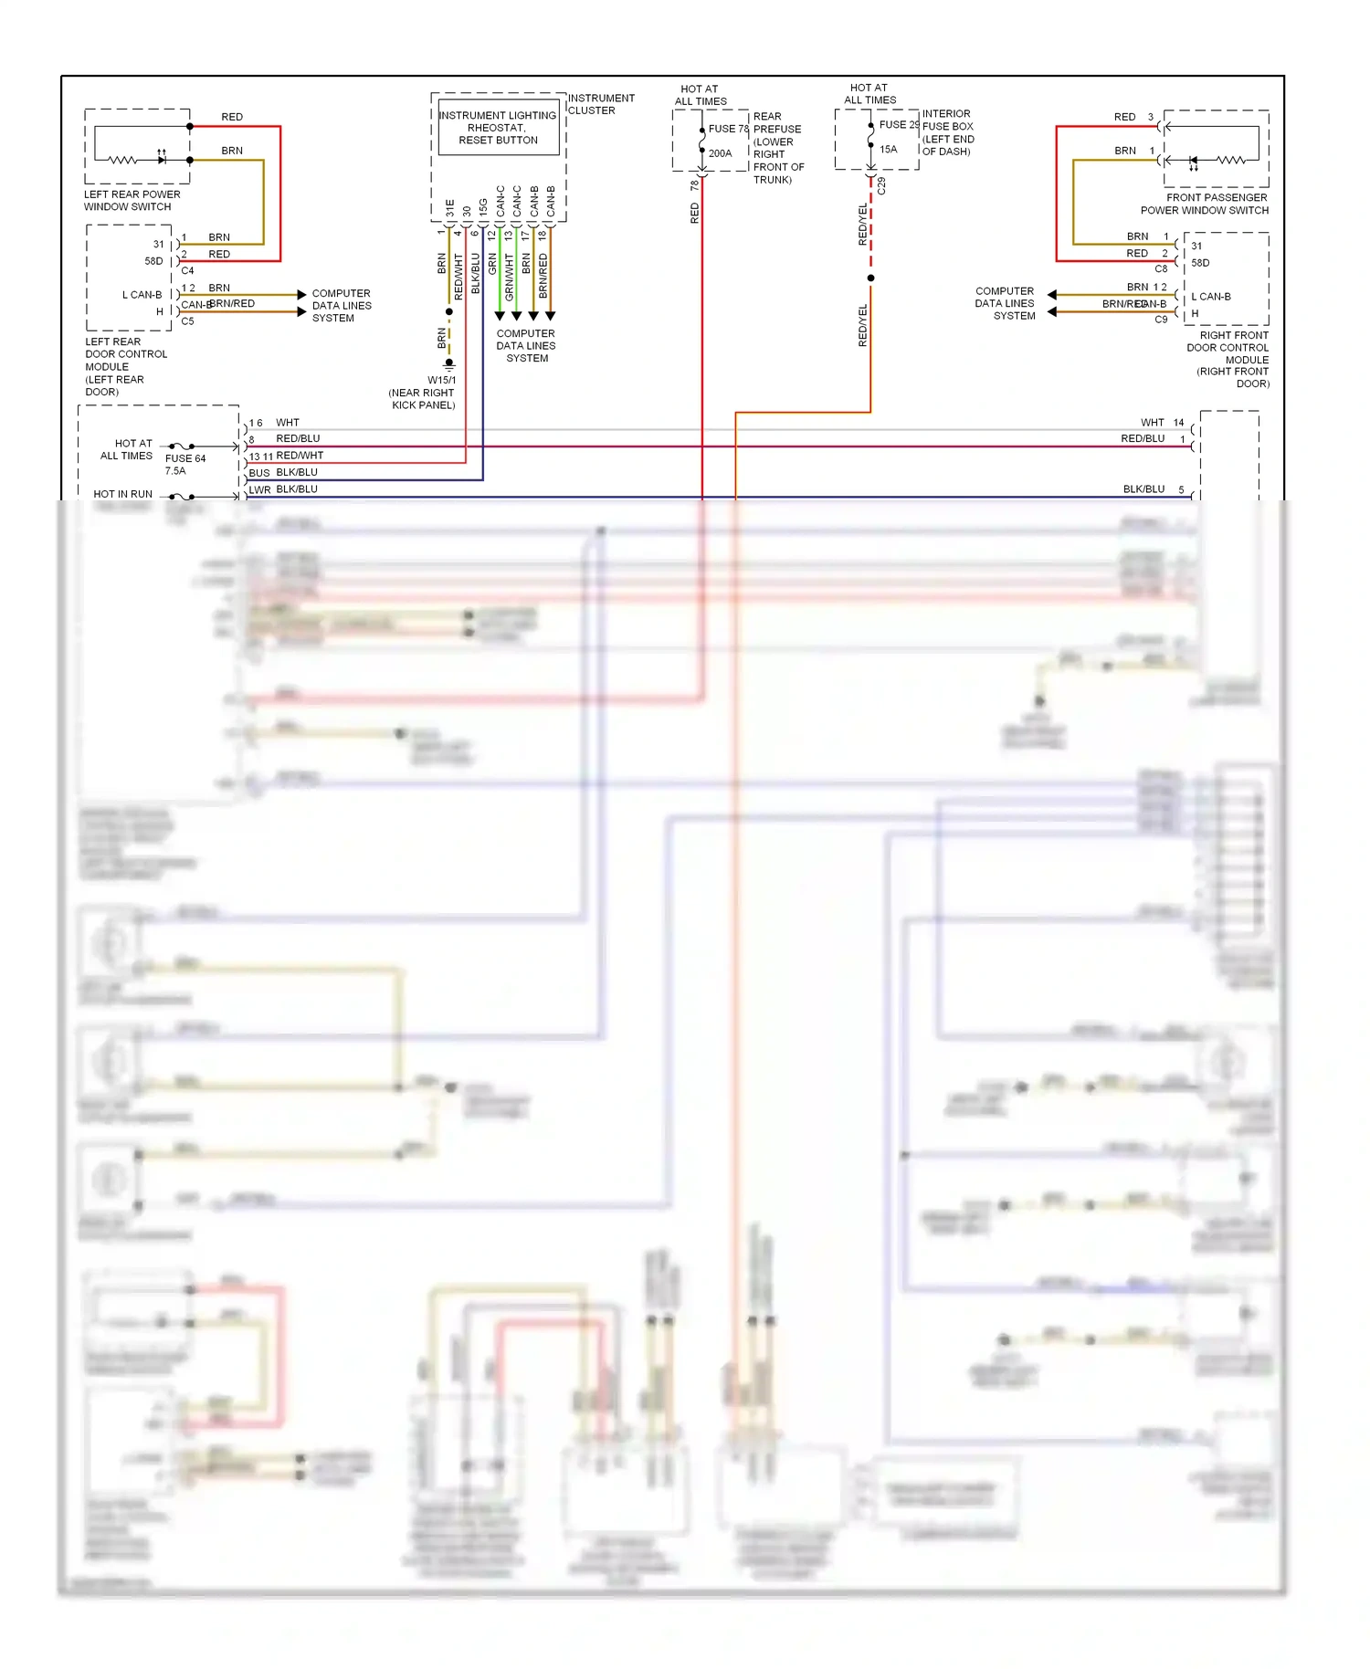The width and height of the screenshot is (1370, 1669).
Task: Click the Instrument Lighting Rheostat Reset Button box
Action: point(498,128)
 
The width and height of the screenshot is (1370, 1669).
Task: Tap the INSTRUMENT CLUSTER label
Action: point(600,104)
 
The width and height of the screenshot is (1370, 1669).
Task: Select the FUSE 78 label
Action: point(728,129)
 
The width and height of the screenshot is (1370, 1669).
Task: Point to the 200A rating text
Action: point(720,153)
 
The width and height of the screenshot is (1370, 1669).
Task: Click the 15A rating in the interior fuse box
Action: point(888,149)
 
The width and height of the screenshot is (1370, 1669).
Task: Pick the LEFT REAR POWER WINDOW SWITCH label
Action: point(132,201)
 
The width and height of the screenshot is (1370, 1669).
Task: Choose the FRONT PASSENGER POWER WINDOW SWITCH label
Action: point(1205,204)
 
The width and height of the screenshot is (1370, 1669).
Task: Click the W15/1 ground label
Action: point(441,380)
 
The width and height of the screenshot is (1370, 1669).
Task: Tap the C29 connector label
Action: point(881,185)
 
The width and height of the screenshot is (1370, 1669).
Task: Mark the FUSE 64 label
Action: point(185,458)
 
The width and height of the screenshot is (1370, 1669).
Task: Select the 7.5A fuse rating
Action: point(174,471)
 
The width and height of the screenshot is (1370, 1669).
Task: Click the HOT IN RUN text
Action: point(122,494)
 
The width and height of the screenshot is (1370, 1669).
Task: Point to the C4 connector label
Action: point(187,270)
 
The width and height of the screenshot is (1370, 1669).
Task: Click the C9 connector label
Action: point(1161,320)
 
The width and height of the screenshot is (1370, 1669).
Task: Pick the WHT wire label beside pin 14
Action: point(1152,423)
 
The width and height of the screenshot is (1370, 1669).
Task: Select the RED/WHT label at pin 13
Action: point(300,456)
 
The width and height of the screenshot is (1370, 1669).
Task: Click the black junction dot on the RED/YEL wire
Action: point(870,278)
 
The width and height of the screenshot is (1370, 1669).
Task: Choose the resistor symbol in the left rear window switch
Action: point(122,160)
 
